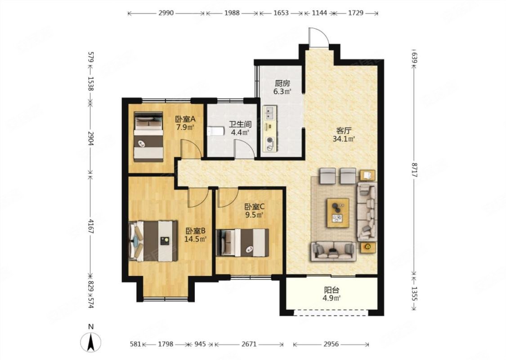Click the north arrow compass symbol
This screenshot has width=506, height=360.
[91, 342]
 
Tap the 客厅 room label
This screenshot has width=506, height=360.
[344, 131]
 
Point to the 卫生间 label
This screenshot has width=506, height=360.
[240, 124]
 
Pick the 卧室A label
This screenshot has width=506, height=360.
[185, 119]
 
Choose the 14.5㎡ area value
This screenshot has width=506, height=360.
[195, 239]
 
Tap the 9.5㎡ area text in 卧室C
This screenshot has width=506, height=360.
[254, 214]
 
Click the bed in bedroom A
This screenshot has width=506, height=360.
[148, 137]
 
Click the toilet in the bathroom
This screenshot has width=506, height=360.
[215, 131]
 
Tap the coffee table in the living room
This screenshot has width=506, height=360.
[338, 213]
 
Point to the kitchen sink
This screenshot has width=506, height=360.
[269, 112]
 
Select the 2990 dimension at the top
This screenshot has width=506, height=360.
[166, 13]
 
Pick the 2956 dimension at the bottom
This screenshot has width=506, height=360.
[331, 344]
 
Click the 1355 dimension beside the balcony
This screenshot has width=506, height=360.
[415, 293]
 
